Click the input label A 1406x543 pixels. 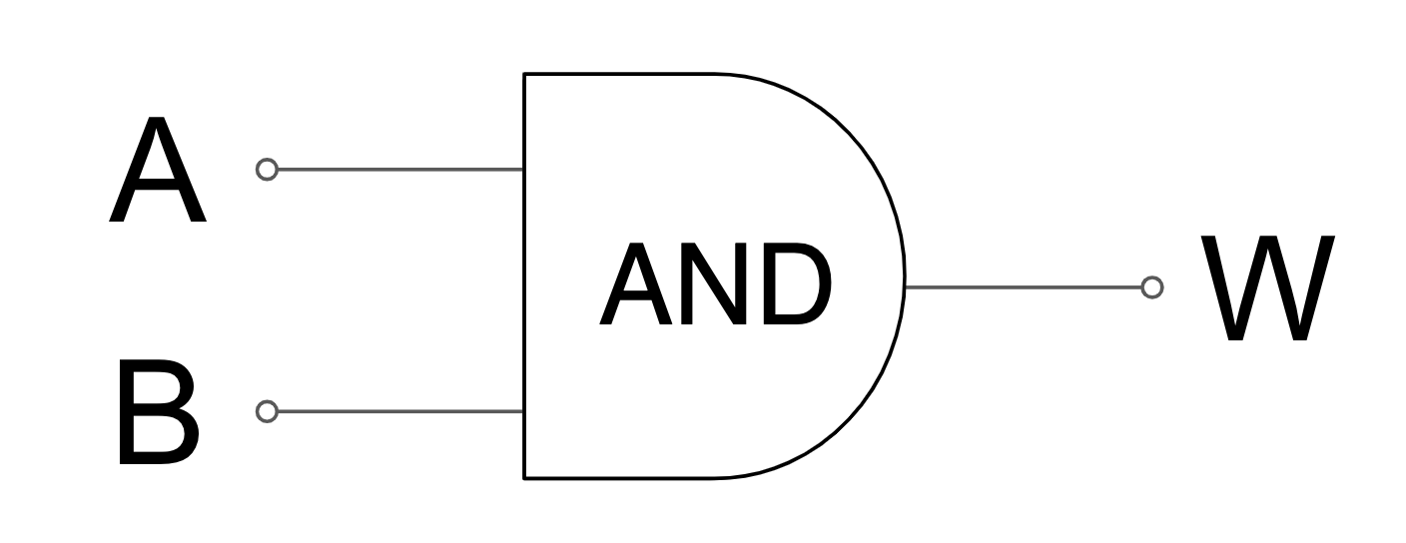coord(157,172)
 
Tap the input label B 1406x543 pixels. coord(158,413)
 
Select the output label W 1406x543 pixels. coord(1268,288)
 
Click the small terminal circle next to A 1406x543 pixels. coord(267,170)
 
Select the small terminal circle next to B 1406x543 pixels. coord(267,411)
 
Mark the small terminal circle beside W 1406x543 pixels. coord(1152,287)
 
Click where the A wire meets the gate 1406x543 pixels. coord(524,170)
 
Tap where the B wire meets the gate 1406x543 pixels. coord(524,411)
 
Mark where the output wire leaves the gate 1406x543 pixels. coord(905,287)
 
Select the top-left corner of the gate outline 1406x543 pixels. coord(525,74)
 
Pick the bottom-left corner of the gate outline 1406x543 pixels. coord(525,478)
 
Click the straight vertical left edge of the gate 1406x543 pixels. coord(525,289)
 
